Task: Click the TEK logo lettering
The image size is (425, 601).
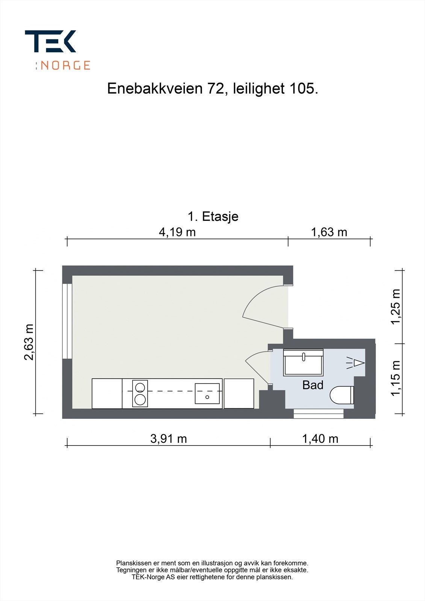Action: [x=51, y=41]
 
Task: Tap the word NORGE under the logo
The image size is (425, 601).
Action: [x=65, y=65]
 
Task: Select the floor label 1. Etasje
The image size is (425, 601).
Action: [x=213, y=217]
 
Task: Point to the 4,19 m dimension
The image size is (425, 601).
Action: [x=177, y=232]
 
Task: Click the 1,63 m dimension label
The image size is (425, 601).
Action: [x=329, y=232]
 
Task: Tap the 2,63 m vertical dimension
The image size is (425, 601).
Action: [x=29, y=342]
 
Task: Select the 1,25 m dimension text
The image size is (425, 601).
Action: [x=396, y=307]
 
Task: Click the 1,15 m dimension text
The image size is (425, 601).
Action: [x=396, y=378]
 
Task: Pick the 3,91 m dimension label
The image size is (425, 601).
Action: [x=168, y=438]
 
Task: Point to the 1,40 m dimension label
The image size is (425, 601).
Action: [x=320, y=438]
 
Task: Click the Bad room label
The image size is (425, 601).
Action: [x=313, y=385]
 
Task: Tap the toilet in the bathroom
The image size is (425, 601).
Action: [x=342, y=395]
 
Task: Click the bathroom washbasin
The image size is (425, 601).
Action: [x=303, y=363]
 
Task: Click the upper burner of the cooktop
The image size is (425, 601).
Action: [x=140, y=387]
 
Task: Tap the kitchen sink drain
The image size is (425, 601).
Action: [x=207, y=397]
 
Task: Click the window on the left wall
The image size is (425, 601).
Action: [x=67, y=321]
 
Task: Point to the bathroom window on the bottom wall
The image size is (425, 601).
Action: [x=318, y=414]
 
